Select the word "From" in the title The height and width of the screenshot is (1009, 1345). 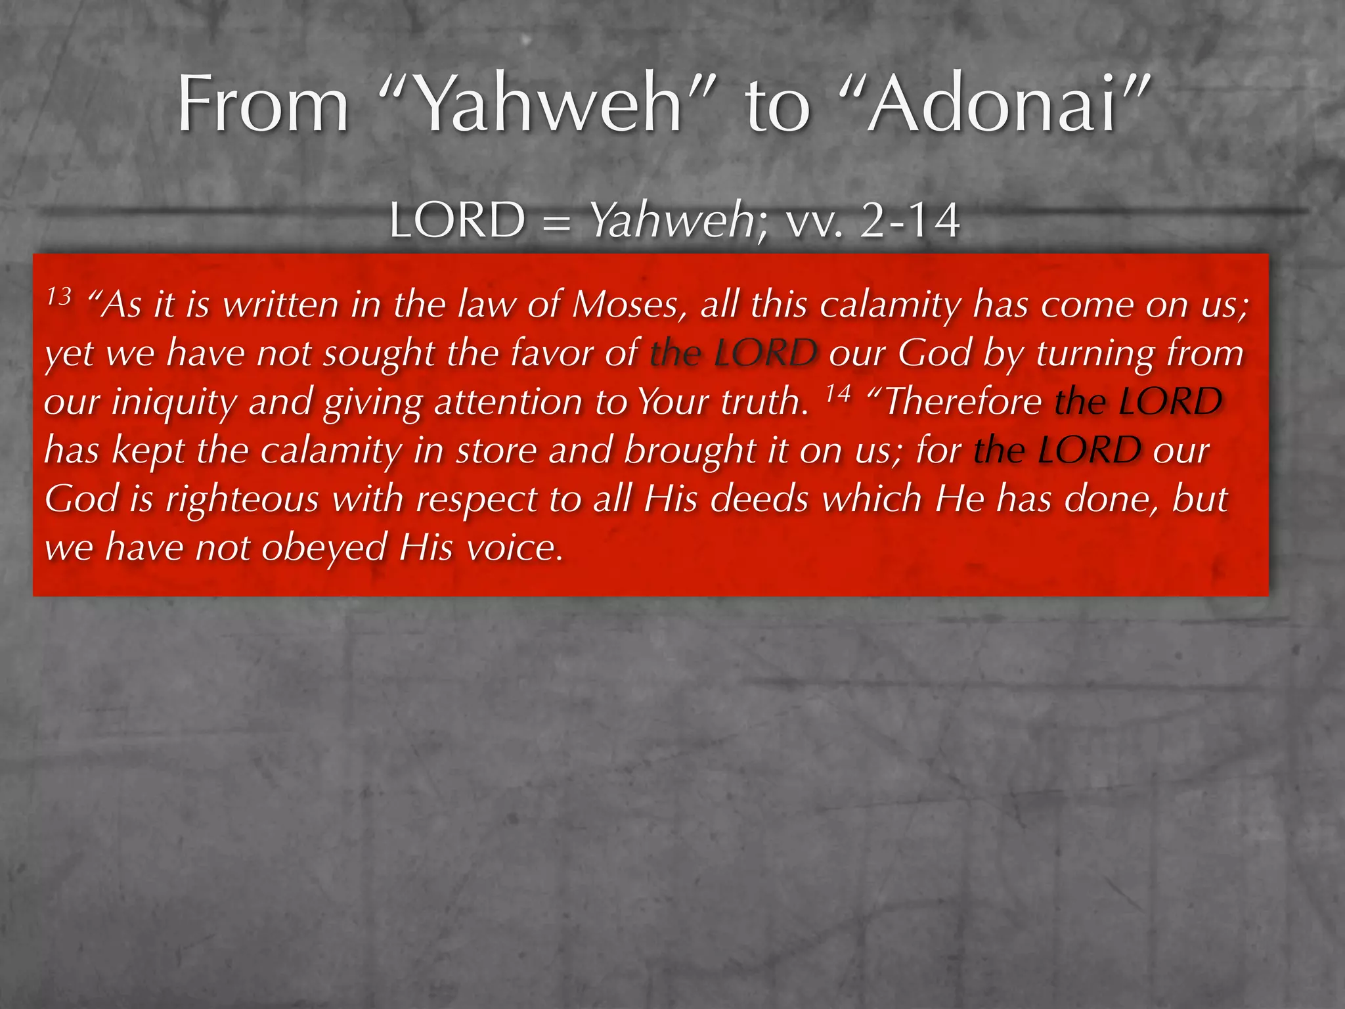click(x=263, y=105)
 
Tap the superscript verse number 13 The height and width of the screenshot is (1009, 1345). click(x=58, y=297)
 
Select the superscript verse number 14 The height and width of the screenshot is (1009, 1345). click(x=838, y=393)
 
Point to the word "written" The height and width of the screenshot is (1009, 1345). click(x=280, y=305)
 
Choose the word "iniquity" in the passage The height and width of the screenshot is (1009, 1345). click(x=173, y=402)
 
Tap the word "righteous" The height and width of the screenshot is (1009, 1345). click(x=242, y=499)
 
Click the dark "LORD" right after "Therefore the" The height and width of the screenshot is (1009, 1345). click(x=1170, y=402)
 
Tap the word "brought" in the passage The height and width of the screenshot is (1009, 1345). click(x=690, y=451)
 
